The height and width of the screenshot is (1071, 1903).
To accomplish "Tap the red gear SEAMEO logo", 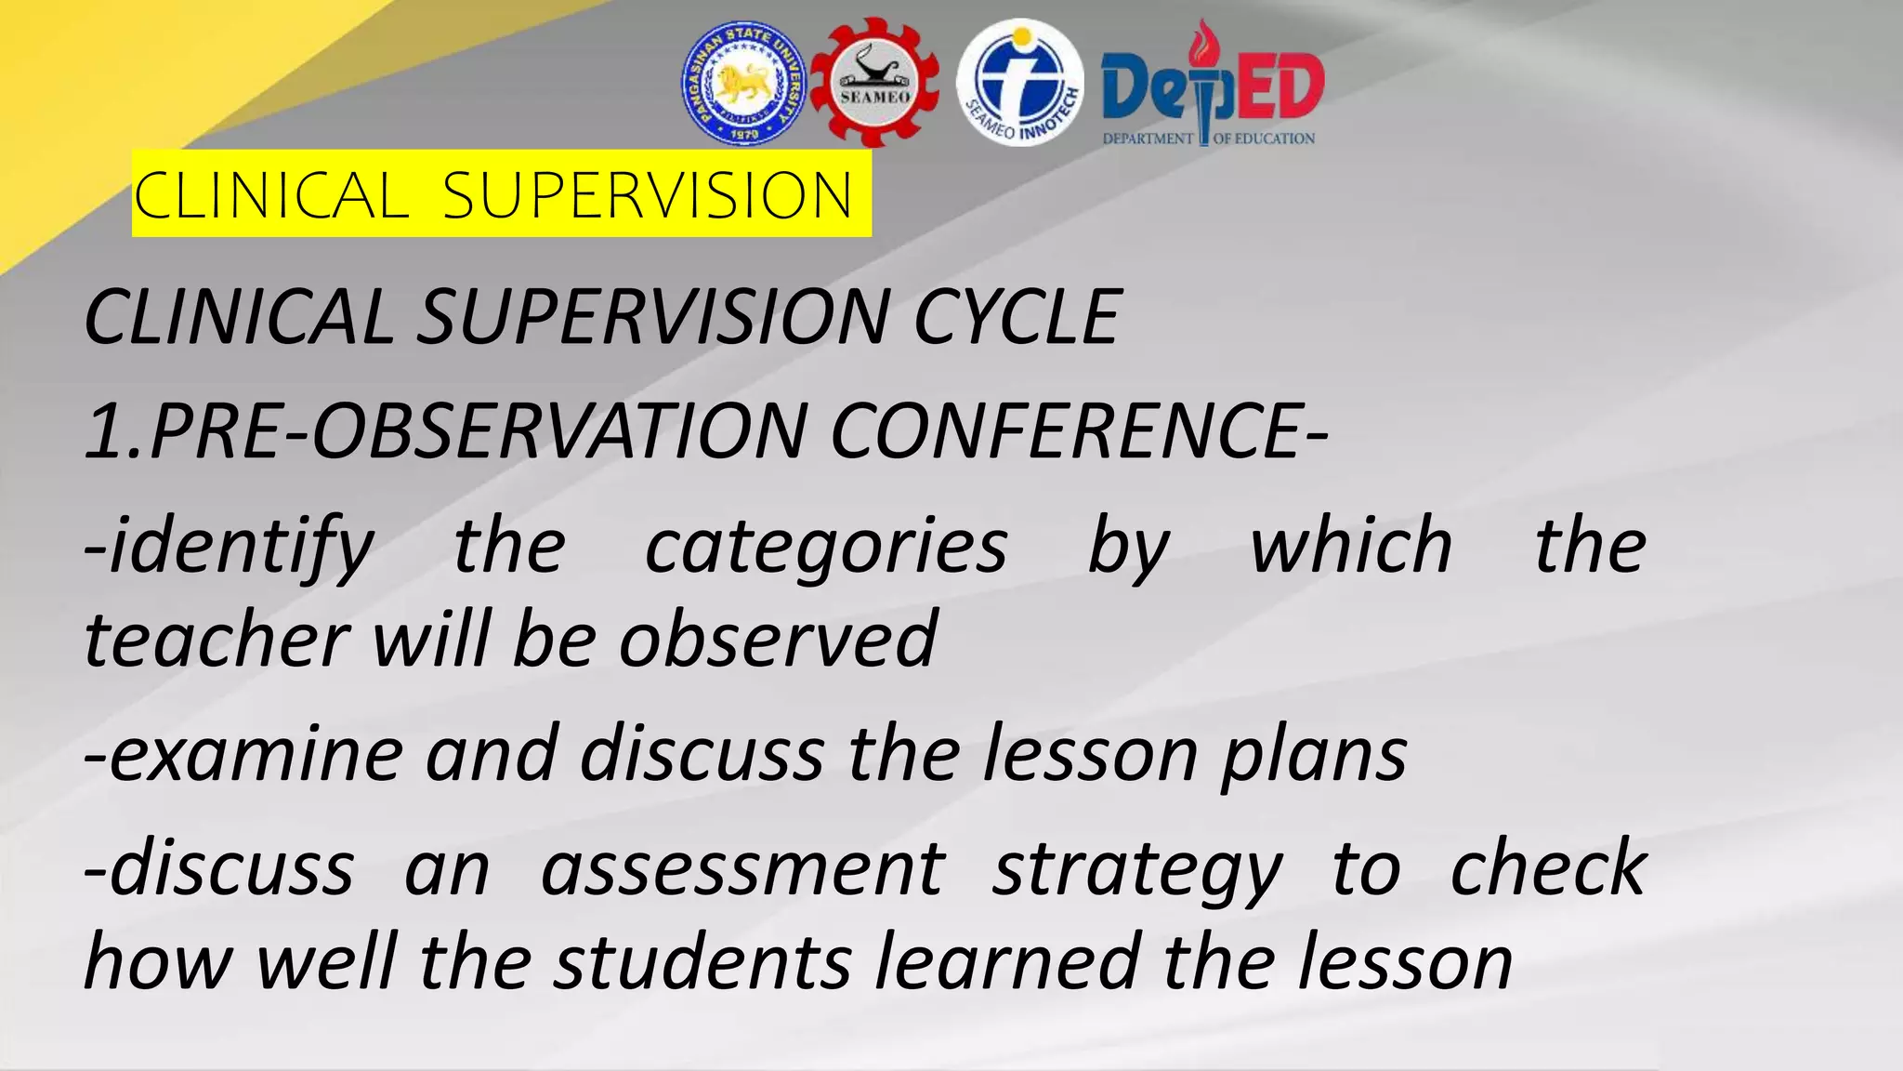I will click(874, 84).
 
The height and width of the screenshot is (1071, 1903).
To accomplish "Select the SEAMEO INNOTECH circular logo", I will click(1020, 84).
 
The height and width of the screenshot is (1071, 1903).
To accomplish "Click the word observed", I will click(779, 640).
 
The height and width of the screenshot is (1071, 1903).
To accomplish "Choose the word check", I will click(1548, 868).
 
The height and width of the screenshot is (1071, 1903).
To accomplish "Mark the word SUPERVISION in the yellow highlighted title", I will click(647, 195).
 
